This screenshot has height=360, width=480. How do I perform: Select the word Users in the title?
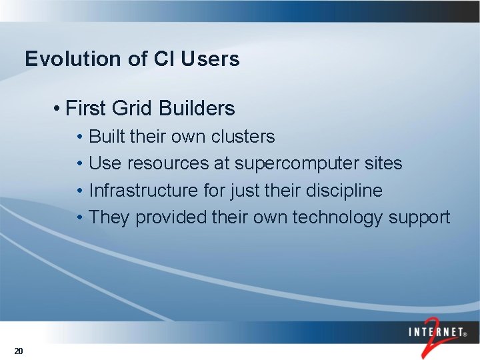(209, 59)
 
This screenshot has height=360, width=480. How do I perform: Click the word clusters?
(243, 137)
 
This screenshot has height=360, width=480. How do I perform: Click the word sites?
(383, 163)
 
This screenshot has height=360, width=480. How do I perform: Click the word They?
(109, 217)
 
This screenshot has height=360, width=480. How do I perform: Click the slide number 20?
(19, 351)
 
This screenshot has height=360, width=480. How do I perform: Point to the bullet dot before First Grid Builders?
(59, 109)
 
